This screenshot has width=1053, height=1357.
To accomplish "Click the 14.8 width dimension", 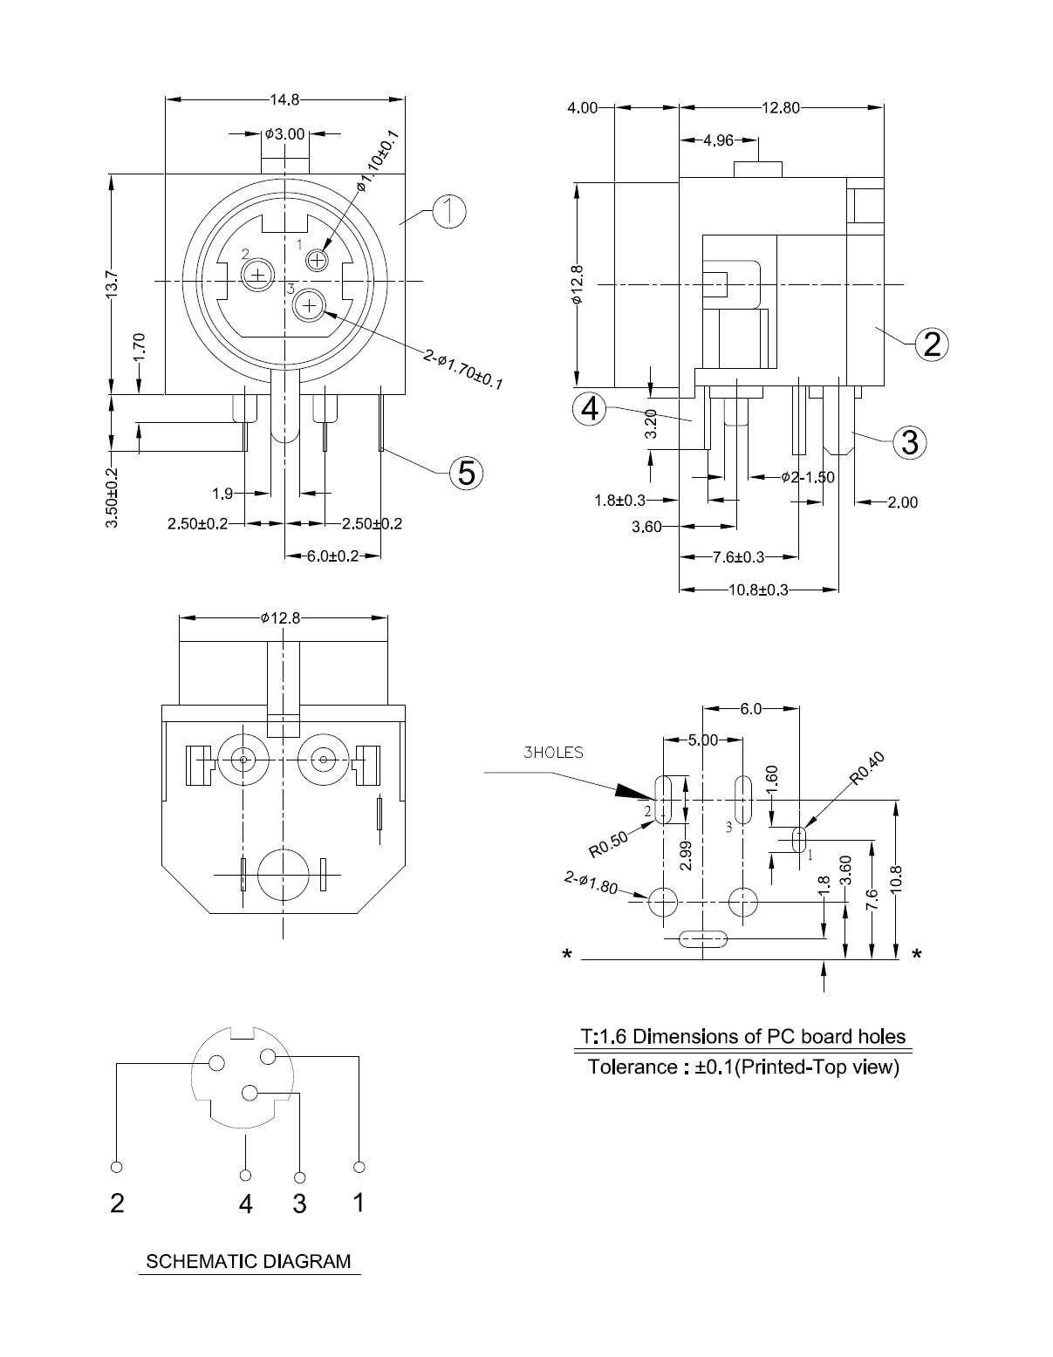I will pyautogui.click(x=284, y=99).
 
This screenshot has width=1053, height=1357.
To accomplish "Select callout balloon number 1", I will pyautogui.click(x=450, y=211).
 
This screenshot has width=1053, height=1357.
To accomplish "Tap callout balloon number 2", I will pyautogui.click(x=932, y=344).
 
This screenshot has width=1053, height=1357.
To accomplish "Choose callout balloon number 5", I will pyautogui.click(x=467, y=472).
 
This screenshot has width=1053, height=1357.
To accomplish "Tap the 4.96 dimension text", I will pyautogui.click(x=718, y=140).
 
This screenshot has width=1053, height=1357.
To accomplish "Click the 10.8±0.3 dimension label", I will pyautogui.click(x=758, y=590).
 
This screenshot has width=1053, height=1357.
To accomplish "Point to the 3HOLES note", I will pyautogui.click(x=553, y=753).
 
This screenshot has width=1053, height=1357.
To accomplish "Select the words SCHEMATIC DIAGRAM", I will pyautogui.click(x=249, y=1261).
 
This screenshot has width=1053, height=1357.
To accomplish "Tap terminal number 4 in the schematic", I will pyautogui.click(x=246, y=1204).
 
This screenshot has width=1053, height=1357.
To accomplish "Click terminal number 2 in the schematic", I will pyautogui.click(x=117, y=1204).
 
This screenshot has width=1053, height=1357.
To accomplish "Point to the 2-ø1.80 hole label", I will pyautogui.click(x=591, y=884).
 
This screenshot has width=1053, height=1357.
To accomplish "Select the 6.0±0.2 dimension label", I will pyautogui.click(x=332, y=556).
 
